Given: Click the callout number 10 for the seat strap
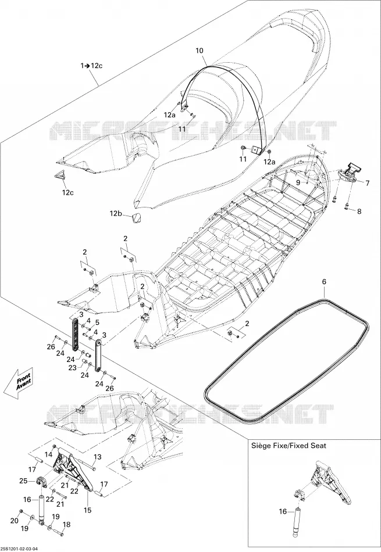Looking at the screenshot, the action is point(200,51).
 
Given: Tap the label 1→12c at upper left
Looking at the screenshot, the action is point(91,66).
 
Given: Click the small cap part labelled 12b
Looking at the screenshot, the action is point(137,218).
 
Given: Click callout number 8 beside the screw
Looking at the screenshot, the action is point(359,212).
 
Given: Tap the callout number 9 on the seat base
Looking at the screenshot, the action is point(298,182).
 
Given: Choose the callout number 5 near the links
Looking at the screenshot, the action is point(97,322).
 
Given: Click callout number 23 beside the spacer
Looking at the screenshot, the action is point(73,368).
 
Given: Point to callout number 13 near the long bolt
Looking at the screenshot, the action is point(97,457).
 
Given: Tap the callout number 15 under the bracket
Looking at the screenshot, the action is point(87,510).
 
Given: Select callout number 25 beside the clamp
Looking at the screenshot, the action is point(23,481).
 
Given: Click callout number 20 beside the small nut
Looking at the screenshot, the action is point(14,521).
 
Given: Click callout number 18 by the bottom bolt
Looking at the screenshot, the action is point(66,525).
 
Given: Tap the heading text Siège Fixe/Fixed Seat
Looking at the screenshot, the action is point(289,446).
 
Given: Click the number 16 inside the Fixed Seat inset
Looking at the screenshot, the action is point(283,511).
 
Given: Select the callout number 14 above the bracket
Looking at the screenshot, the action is point(49,454).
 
